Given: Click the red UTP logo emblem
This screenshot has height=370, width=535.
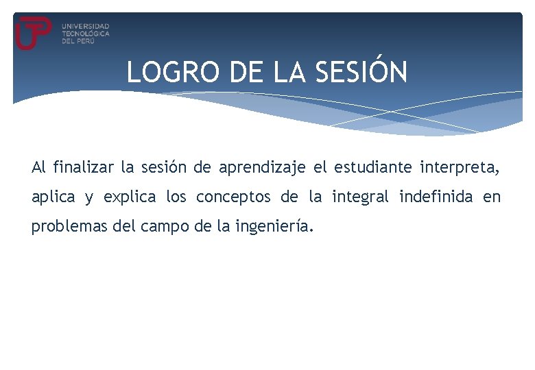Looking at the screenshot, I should pyautogui.click(x=33, y=32).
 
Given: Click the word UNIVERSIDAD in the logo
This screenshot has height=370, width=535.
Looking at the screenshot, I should pyautogui.click(x=85, y=25).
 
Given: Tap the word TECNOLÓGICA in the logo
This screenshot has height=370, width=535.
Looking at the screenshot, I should pyautogui.click(x=85, y=33).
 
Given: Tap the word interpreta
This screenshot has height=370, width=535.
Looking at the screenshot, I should pyautogui.click(x=460, y=166).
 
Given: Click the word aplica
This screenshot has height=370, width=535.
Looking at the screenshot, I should pyautogui.click(x=53, y=197).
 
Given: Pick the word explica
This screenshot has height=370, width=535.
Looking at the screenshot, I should pyautogui.click(x=130, y=197).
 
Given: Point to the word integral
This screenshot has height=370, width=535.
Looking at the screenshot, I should pyautogui.click(x=360, y=197).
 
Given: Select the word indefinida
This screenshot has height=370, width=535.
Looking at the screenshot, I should pyautogui.click(x=436, y=197).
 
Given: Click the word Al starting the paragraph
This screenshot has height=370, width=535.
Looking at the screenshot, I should pyautogui.click(x=38, y=166).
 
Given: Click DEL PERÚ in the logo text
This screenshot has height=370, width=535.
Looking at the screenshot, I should pyautogui.click(x=77, y=40).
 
